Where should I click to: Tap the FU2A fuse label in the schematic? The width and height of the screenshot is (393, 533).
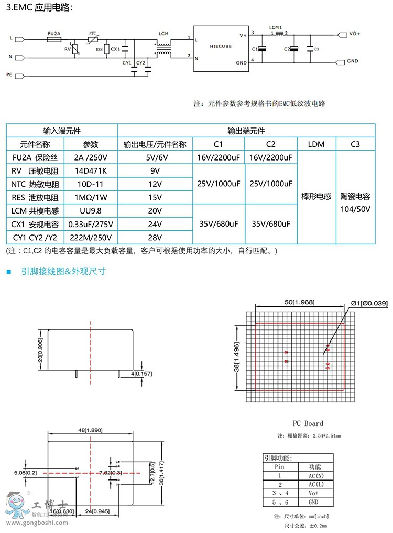click(x=54, y=33)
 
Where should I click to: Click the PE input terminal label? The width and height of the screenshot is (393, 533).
click(x=9, y=75)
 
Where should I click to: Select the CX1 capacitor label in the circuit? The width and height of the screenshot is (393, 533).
click(x=116, y=49)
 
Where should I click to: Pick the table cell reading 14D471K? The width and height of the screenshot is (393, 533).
click(x=91, y=170)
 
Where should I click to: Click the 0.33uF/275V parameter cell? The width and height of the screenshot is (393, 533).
click(x=91, y=224)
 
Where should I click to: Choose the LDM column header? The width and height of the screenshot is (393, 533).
click(x=316, y=144)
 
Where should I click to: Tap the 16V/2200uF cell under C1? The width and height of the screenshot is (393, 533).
click(x=219, y=157)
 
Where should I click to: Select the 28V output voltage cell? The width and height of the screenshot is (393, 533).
click(x=155, y=237)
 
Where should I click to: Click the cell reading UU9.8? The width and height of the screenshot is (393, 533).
click(x=91, y=210)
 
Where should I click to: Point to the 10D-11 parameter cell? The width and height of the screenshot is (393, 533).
click(x=91, y=184)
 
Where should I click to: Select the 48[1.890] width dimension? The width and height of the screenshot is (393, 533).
click(x=90, y=430)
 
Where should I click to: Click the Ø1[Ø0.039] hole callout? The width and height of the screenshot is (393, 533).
click(x=369, y=303)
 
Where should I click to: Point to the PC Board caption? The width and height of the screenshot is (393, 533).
click(x=308, y=423)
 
